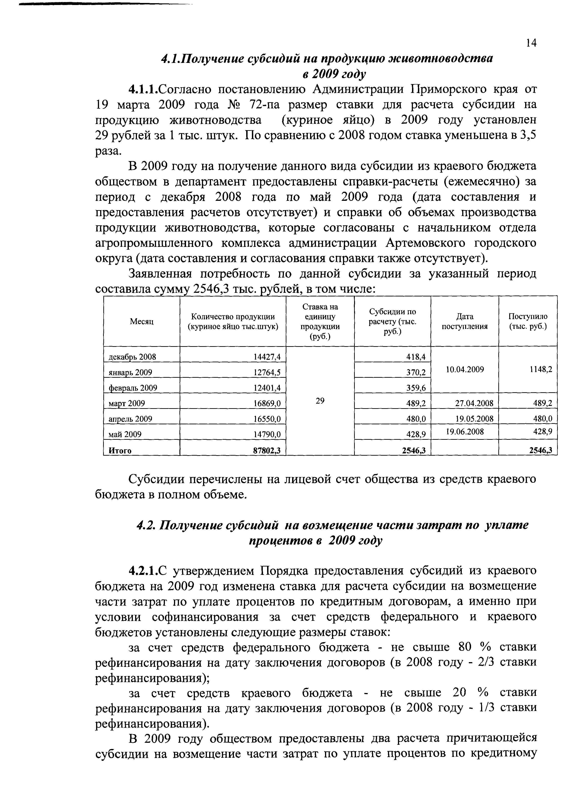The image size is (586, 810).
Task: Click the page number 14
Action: (x=531, y=43)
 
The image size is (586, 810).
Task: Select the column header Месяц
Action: (x=142, y=321)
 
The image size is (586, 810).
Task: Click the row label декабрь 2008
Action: (x=132, y=357)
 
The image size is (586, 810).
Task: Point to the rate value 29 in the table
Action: (x=320, y=401)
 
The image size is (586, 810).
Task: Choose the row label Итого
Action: (x=120, y=451)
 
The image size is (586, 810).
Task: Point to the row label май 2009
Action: (x=125, y=434)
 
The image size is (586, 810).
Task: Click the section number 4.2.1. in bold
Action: (x=143, y=571)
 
